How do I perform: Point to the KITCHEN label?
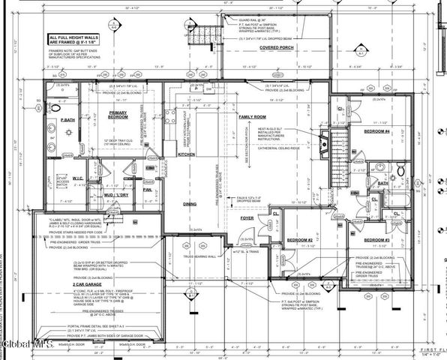186,153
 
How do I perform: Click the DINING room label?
190,204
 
